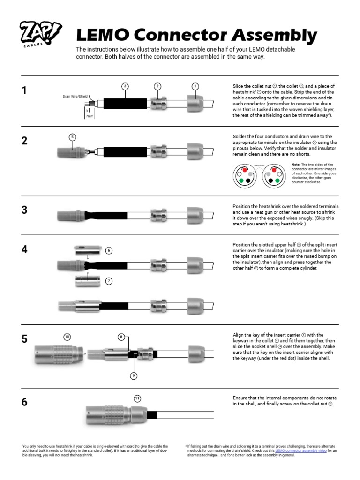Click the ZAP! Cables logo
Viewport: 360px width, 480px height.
pyautogui.click(x=41, y=35)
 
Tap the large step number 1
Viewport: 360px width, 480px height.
pyautogui.click(x=24, y=91)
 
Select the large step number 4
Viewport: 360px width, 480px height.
pyautogui.click(x=24, y=249)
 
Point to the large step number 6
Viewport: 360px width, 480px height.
pyautogui.click(x=24, y=402)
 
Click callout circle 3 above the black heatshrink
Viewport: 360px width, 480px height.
pyautogui.click(x=125, y=86)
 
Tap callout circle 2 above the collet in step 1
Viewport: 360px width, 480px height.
pyautogui.click(x=158, y=86)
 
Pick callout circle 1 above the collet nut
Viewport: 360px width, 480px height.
pyautogui.click(x=195, y=86)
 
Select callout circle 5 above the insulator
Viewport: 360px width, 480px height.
pyautogui.click(x=72, y=137)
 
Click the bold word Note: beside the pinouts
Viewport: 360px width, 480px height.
pyautogui.click(x=296, y=165)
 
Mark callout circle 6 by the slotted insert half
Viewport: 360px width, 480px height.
pyautogui.click(x=109, y=250)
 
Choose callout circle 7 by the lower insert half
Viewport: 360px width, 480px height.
pyautogui.click(x=109, y=281)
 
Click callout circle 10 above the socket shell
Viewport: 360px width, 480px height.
pyautogui.click(x=67, y=337)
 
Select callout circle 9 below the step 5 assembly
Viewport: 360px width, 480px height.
pyautogui.click(x=134, y=375)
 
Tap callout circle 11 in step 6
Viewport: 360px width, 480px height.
pyautogui.click(x=137, y=398)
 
